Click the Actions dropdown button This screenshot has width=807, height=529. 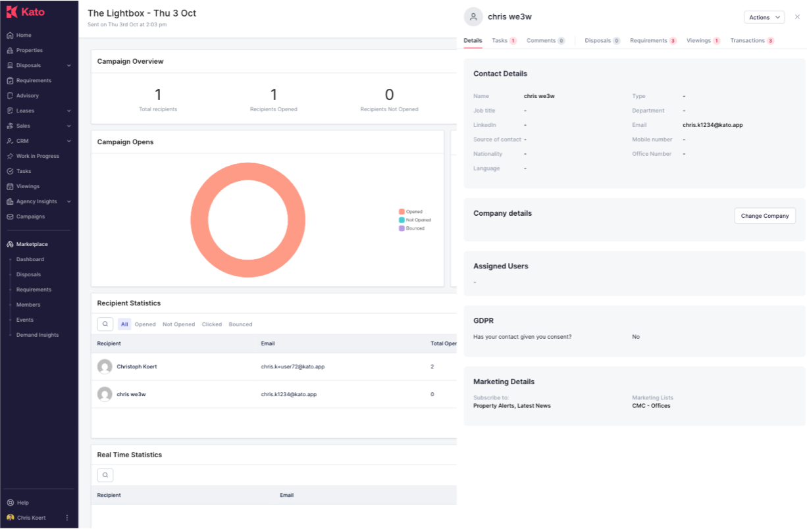coord(764,17)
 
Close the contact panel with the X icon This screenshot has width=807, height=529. coord(797,17)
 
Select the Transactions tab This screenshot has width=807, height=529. coord(752,41)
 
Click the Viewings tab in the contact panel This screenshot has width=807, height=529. coord(703,41)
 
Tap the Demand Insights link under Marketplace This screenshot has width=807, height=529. coord(38,335)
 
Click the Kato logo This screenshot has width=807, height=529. coord(26,12)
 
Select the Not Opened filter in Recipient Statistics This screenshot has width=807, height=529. coord(178,324)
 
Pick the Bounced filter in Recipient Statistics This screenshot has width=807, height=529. coord(240,324)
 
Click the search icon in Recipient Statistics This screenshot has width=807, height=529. coord(105,324)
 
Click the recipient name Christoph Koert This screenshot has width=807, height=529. coord(137,366)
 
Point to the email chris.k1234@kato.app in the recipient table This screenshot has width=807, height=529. coord(289,394)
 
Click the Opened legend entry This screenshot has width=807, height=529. coord(411,212)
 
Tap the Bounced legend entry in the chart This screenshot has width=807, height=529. coord(412,228)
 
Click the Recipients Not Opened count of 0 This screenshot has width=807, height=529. coord(390,95)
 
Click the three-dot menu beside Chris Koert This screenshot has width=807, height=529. coord(67,517)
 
